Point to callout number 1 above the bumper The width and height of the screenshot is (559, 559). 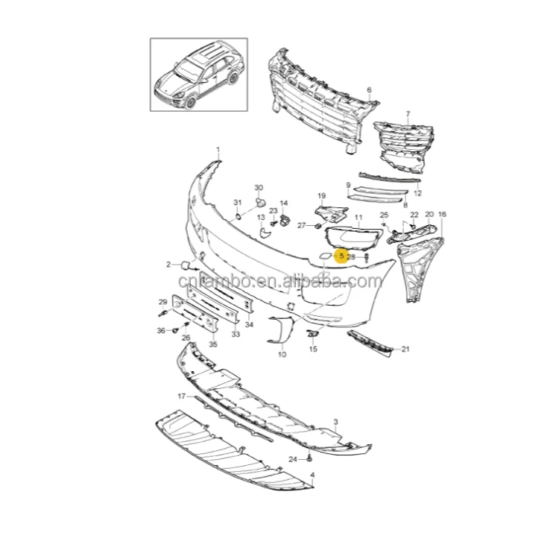coord(218,150)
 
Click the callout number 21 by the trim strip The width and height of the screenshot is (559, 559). coord(405,349)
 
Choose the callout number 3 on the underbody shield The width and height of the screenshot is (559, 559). coord(336,422)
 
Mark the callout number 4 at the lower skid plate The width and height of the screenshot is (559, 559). coord(312,475)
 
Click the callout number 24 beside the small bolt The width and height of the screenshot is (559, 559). coord(293,458)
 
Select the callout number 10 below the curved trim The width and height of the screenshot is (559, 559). coord(282,355)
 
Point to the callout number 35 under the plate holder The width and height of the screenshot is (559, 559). coord(212,344)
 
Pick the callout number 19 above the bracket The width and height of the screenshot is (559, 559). coord(322,196)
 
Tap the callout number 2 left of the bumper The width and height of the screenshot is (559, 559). coord(168,264)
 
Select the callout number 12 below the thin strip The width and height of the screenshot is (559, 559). coord(417,193)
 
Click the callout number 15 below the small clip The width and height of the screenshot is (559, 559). coord(313,349)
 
